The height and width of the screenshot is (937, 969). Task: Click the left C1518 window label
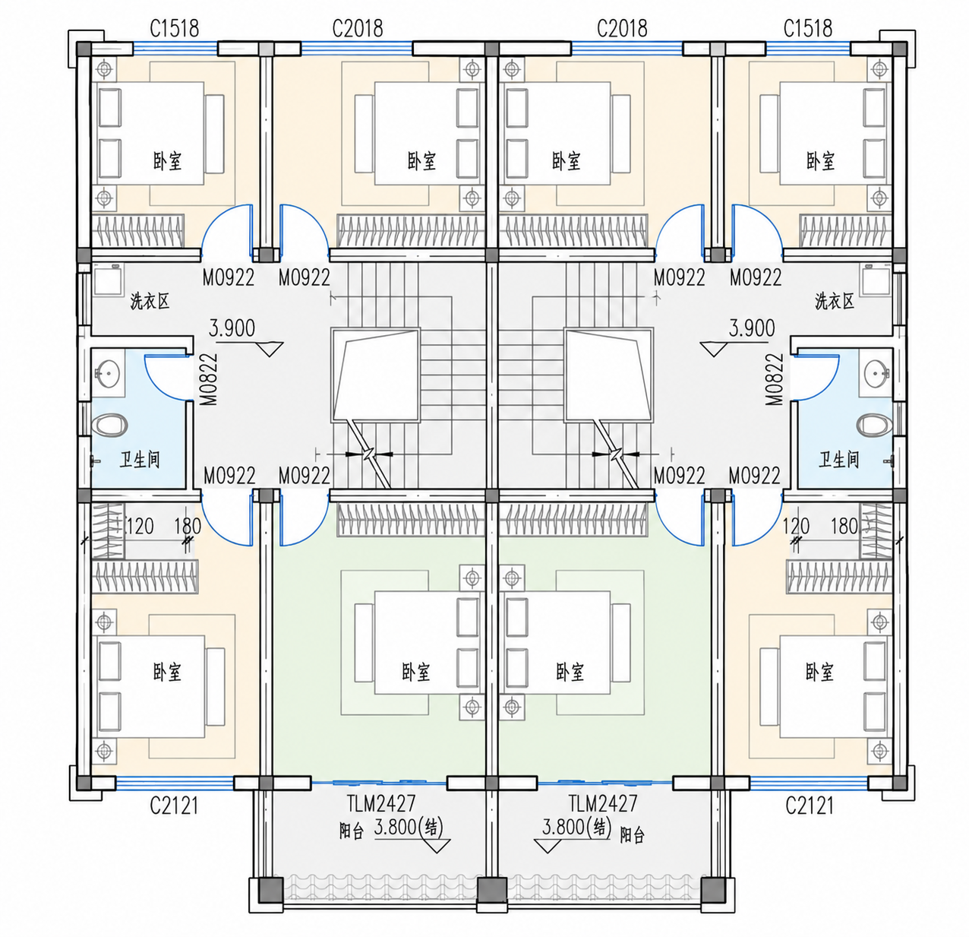pyautogui.click(x=174, y=28)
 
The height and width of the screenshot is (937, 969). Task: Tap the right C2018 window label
pyautogui.click(x=622, y=28)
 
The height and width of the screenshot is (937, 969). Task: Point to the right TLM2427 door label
pyautogui.click(x=602, y=803)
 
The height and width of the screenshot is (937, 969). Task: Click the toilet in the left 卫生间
pyautogui.click(x=110, y=425)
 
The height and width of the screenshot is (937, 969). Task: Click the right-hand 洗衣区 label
pyautogui.click(x=834, y=301)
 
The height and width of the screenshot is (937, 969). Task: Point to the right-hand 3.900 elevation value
pyautogui.click(x=751, y=328)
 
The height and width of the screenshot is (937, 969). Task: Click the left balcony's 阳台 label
pyautogui.click(x=352, y=832)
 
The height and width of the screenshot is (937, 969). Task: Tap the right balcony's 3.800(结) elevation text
pyautogui.click(x=576, y=828)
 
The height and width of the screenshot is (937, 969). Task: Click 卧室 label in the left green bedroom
pyautogui.click(x=416, y=673)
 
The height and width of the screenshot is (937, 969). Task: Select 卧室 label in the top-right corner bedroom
pyautogui.click(x=820, y=161)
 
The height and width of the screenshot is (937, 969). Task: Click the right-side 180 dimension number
pyautogui.click(x=844, y=527)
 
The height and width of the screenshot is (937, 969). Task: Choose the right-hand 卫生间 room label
pyautogui.click(x=839, y=460)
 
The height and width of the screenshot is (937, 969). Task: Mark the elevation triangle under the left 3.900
pyautogui.click(x=270, y=349)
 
